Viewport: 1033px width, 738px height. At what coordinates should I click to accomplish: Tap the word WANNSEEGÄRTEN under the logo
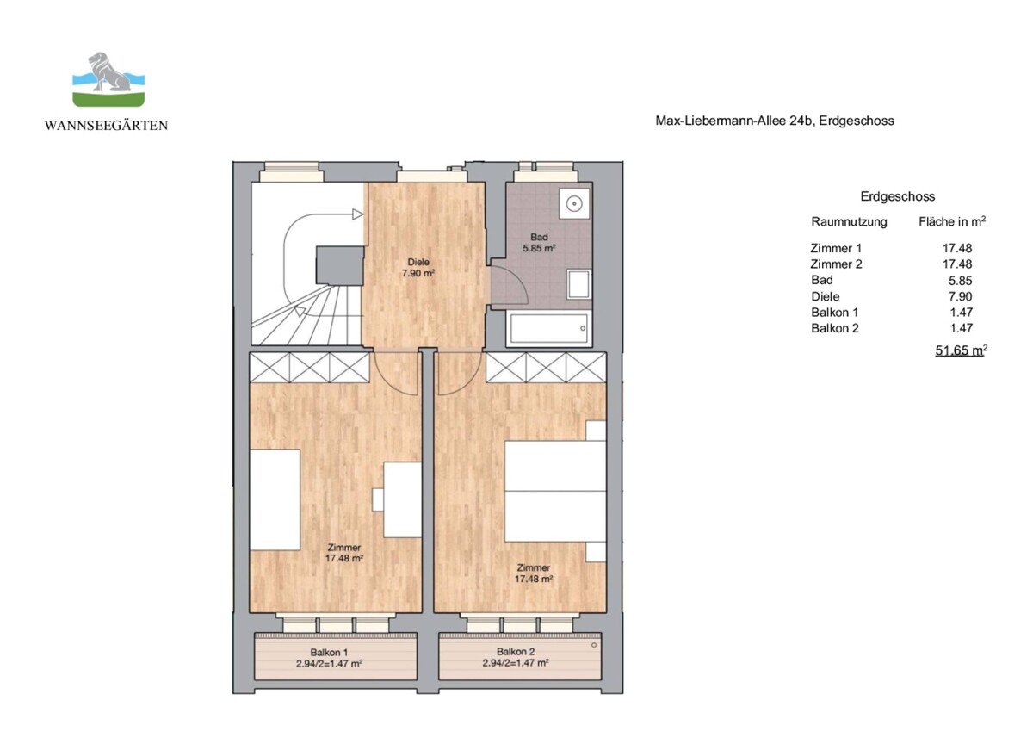(106, 126)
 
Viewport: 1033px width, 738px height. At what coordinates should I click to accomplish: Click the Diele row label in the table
(825, 296)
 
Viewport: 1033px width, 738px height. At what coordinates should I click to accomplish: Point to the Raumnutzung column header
(849, 221)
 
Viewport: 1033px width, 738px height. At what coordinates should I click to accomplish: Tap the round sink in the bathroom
(573, 204)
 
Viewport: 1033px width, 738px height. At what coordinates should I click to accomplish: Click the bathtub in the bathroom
(548, 328)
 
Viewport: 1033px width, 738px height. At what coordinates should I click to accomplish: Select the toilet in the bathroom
(578, 283)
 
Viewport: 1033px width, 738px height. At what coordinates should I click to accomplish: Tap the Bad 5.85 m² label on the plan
(539, 242)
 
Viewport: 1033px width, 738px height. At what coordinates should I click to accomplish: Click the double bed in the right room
(555, 492)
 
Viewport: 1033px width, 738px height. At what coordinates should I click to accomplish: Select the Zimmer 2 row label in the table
(836, 264)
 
